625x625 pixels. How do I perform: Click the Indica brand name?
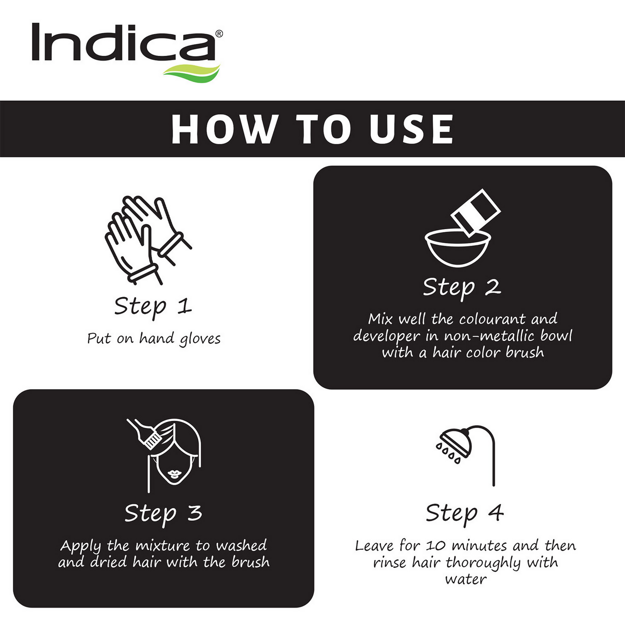point(124,42)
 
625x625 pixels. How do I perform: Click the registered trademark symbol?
point(219,34)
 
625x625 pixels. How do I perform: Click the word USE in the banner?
point(411,129)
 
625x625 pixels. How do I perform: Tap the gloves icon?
point(148,240)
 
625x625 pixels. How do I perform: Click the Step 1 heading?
point(153,307)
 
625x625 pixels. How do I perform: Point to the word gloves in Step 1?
point(200,339)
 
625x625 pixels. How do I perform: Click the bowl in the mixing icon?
point(457,249)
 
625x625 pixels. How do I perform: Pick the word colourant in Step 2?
point(492,319)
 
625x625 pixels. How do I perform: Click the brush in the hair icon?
point(144,434)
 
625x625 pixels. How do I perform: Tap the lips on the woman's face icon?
point(174,473)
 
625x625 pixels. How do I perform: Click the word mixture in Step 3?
point(163,546)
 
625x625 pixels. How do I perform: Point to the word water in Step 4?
point(466,579)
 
